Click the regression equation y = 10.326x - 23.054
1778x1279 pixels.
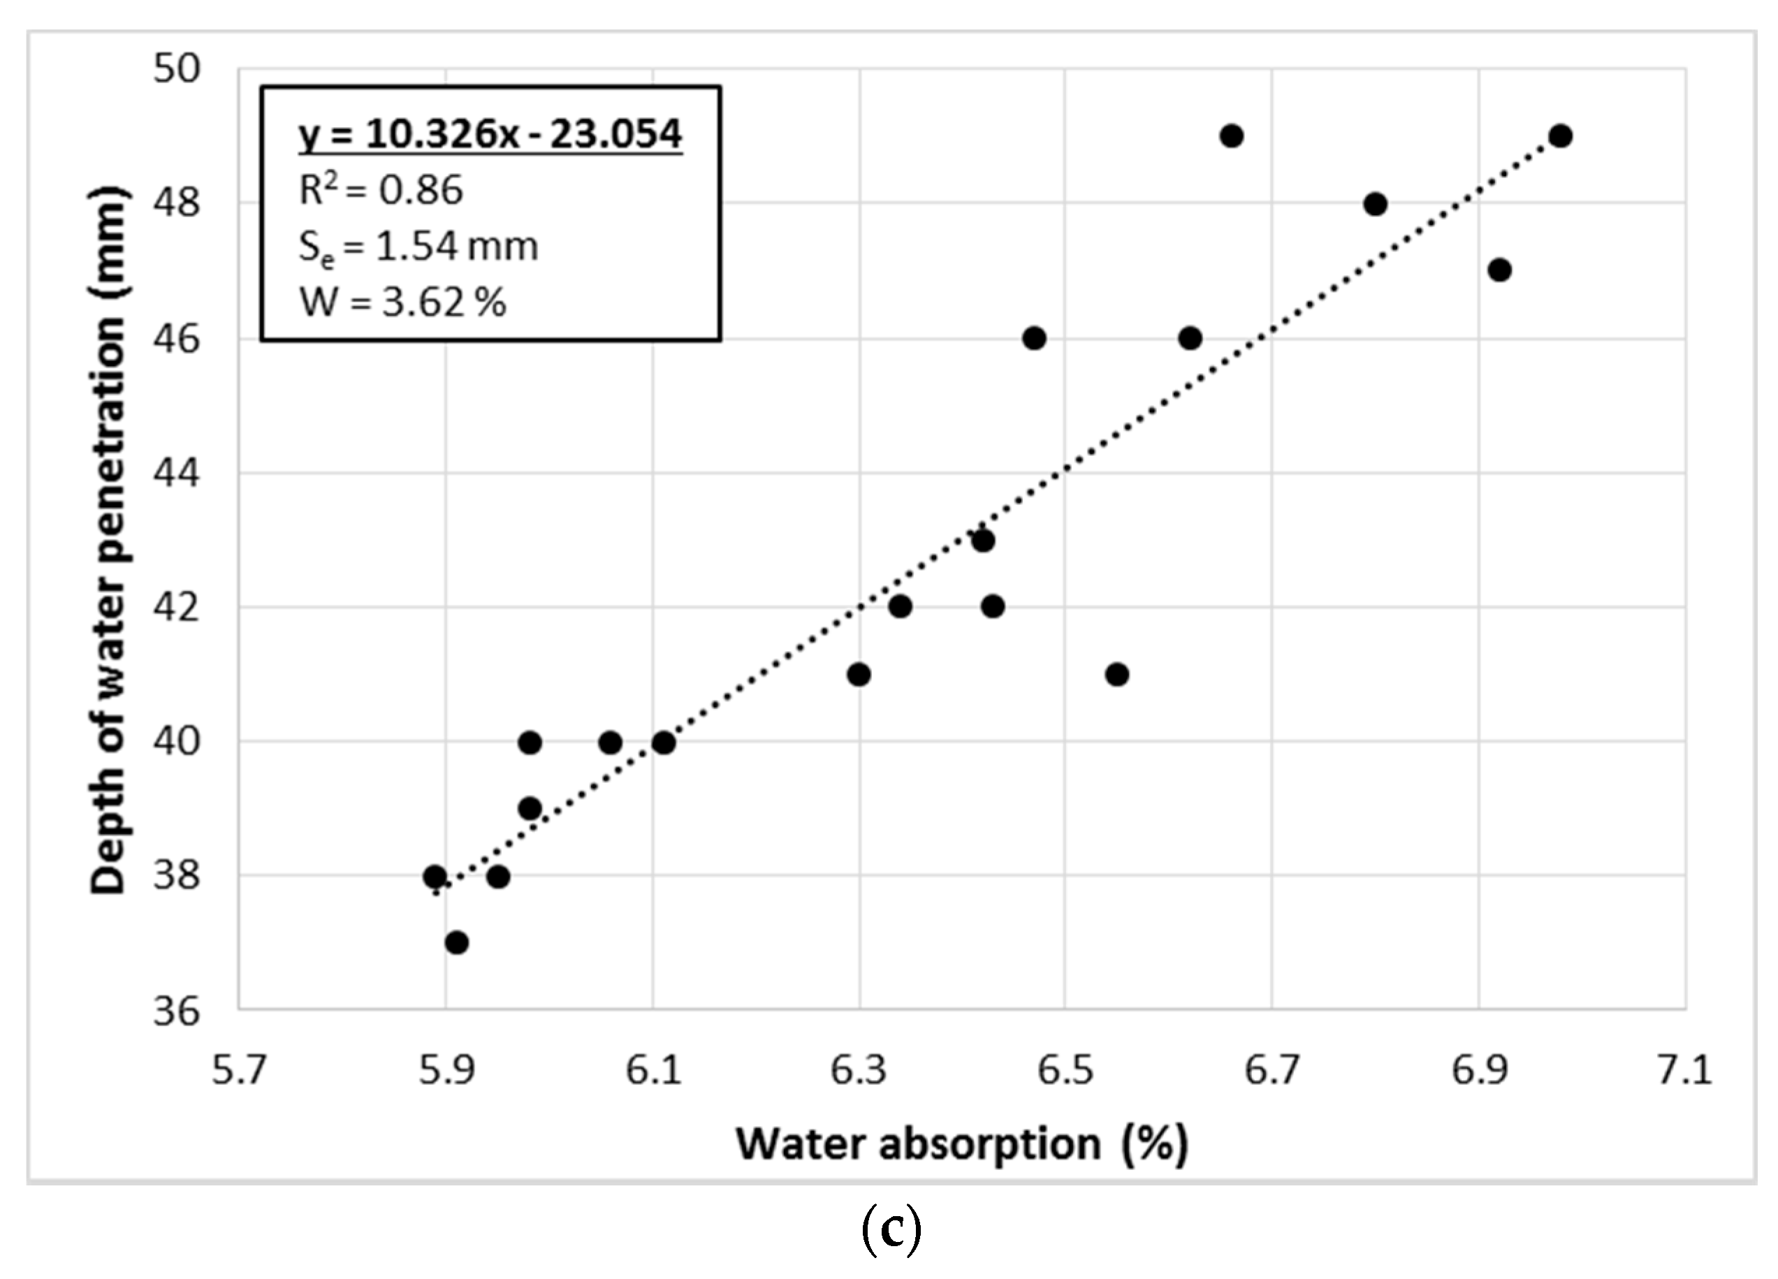tap(489, 134)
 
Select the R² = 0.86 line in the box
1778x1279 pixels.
tap(381, 191)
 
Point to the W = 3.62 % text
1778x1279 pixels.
tap(403, 302)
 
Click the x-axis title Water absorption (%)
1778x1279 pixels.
tap(961, 1145)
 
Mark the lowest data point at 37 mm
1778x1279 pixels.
tap(456, 943)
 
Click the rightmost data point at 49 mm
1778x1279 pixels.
tap(1560, 136)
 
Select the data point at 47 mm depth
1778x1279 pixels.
tap(1499, 270)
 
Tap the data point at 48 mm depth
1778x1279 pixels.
tap(1375, 205)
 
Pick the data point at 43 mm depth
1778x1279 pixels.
tap(983, 541)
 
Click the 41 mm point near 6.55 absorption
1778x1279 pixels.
tap(1116, 675)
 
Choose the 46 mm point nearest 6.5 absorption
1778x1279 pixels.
tap(1034, 339)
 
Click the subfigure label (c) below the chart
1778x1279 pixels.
tap(891, 1232)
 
